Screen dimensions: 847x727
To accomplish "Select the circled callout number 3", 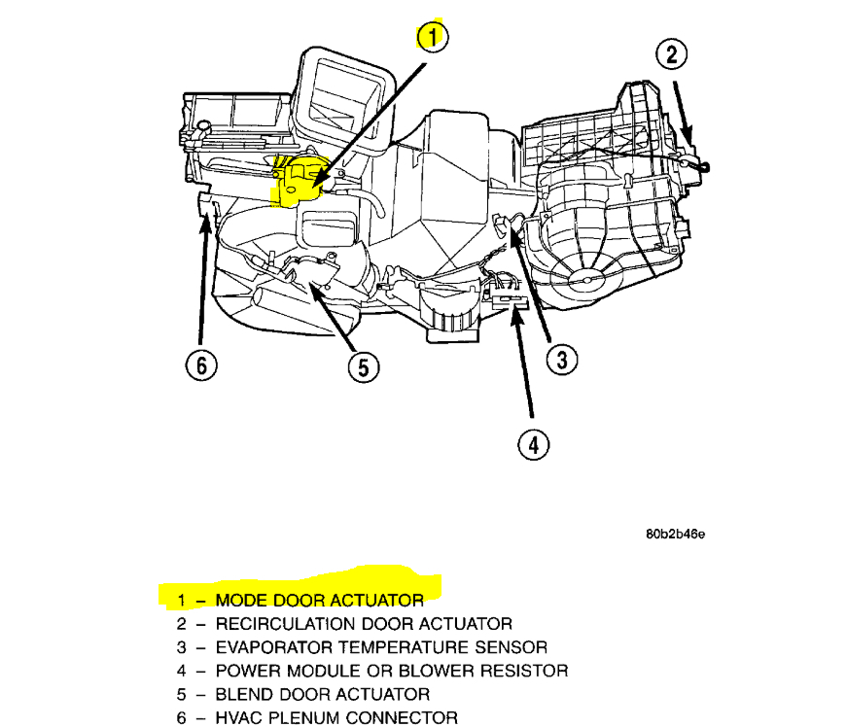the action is click(561, 360).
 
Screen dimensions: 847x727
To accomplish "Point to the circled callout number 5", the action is click(363, 366).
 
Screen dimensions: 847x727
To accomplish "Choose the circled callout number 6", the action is click(200, 365).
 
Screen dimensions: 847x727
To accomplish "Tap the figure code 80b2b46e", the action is click(674, 535).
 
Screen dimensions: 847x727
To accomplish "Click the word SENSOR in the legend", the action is click(512, 646).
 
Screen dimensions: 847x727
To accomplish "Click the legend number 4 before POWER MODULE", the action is click(182, 670).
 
